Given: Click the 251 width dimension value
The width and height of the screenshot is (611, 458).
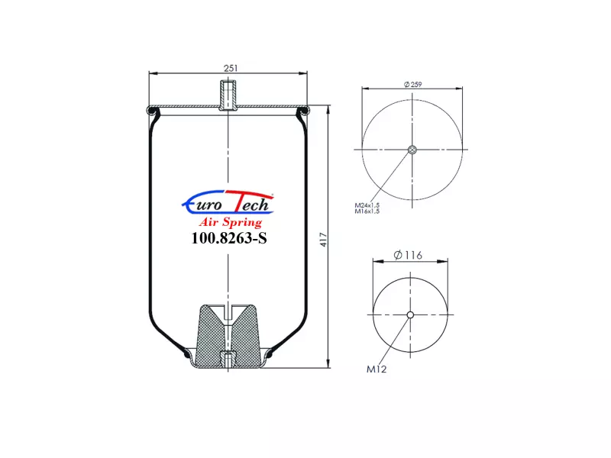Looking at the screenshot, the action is click(x=231, y=68).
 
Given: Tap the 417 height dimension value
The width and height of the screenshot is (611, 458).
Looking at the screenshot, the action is click(x=323, y=240).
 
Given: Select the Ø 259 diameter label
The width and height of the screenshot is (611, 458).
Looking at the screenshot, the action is click(x=412, y=84).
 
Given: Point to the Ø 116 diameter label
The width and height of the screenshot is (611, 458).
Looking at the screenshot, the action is click(x=408, y=255).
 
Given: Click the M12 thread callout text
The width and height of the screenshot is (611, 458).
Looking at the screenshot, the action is click(x=377, y=369).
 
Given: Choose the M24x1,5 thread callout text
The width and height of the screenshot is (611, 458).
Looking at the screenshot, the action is click(x=367, y=205).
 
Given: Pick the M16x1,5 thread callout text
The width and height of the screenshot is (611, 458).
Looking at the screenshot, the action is click(x=367, y=211).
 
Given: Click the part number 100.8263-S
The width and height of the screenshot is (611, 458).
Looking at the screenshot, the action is click(x=229, y=238).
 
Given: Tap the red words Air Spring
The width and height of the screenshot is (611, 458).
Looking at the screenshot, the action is click(x=231, y=222).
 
